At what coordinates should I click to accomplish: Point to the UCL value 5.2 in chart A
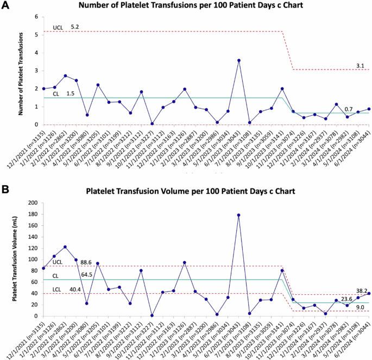pos(75,26)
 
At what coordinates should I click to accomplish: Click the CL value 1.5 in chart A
pos(71,93)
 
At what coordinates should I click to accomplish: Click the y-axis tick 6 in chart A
pos(36,17)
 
